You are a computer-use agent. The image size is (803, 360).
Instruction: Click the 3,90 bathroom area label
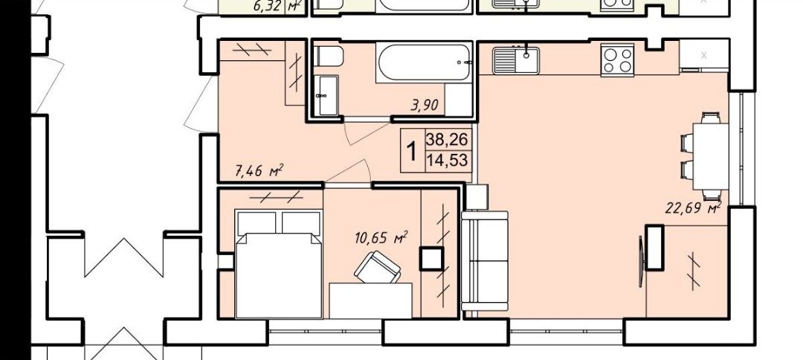425,106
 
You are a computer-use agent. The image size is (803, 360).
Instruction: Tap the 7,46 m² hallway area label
259,170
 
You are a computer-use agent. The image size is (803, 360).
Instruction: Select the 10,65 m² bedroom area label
381,237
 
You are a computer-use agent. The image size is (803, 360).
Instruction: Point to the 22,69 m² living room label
694,208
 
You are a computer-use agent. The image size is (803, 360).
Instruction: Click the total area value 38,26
447,139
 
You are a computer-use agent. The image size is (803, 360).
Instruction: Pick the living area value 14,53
447,160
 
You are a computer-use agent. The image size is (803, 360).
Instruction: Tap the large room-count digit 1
411,151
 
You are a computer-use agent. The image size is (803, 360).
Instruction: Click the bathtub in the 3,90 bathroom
424,62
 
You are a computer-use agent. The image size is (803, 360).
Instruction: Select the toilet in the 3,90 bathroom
328,57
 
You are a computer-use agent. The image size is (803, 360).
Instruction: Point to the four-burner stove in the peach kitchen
617,60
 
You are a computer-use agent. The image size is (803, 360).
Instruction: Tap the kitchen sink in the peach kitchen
516,60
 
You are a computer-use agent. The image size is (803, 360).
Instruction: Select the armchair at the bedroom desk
378,267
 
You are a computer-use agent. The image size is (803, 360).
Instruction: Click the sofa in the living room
485,260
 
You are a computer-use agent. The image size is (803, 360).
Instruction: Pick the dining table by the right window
710,156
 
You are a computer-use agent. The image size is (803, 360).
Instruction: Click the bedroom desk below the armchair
370,300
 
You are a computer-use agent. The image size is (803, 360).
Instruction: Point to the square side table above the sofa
477,197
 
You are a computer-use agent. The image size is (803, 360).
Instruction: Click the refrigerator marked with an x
704,55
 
